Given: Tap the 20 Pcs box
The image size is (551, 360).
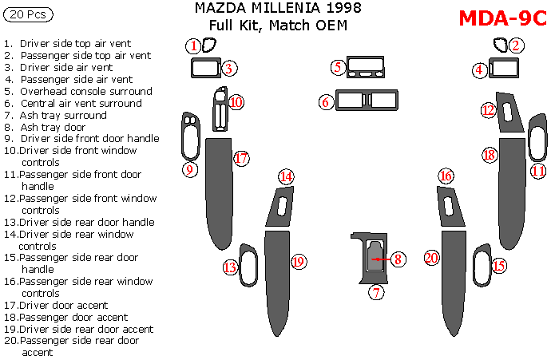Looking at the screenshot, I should pyautogui.click(x=29, y=14).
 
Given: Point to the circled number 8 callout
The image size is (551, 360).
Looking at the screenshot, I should pyautogui.click(x=398, y=259).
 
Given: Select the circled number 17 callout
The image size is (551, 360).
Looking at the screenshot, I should pyautogui.click(x=242, y=159).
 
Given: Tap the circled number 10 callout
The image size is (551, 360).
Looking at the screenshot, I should pyautogui.click(x=236, y=102).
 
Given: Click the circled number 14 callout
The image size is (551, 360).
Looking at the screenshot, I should pyautogui.click(x=285, y=177).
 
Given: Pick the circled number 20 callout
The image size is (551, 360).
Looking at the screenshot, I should pyautogui.click(x=432, y=258).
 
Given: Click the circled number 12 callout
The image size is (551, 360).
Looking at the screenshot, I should pyautogui.click(x=489, y=111).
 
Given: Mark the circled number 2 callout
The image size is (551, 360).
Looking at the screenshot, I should pyautogui.click(x=517, y=45).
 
